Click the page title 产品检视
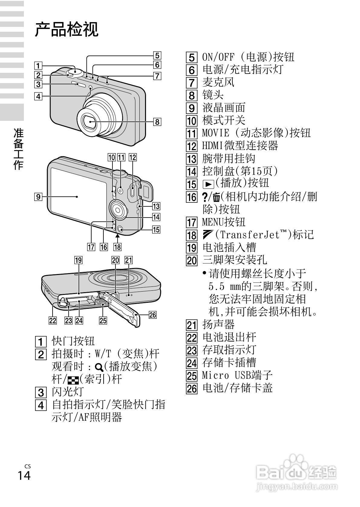pos(66,30)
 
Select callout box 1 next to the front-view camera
pos(38,66)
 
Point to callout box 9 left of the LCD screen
pos(38,197)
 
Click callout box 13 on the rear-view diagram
pos(156,206)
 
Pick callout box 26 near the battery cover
pos(153,315)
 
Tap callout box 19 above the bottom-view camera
pos(79,260)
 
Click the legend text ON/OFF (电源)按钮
pos(248,57)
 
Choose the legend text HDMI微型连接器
pos(240,146)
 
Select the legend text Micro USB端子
pos(237,375)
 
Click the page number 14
pos(24,475)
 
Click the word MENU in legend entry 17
pos(213,222)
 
